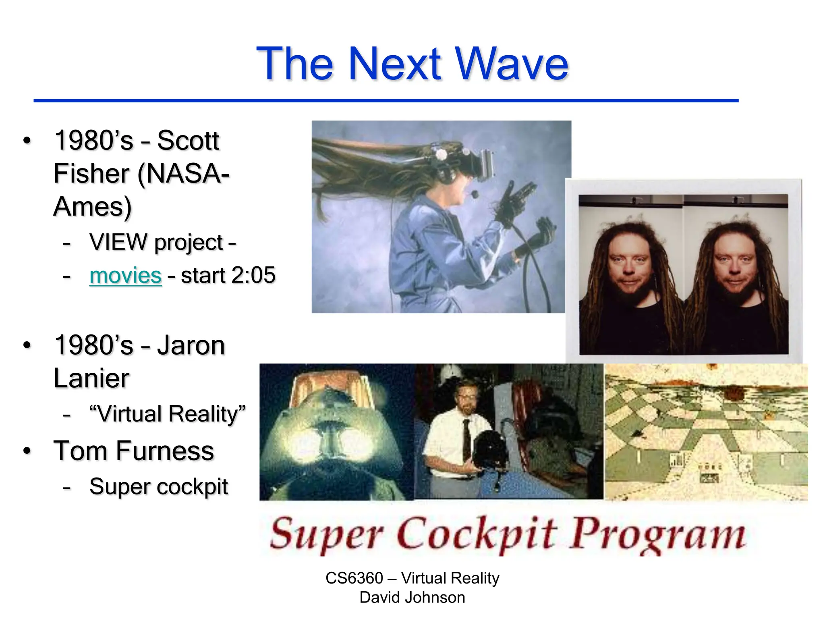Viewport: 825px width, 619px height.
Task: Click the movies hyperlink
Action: (125, 276)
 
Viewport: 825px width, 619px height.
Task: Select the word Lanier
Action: (91, 378)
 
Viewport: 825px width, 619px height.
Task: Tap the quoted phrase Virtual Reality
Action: (167, 414)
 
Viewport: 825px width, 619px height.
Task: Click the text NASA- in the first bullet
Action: (183, 174)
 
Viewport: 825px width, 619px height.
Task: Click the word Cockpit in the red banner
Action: (478, 534)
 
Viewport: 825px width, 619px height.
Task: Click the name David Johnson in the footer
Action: (412, 597)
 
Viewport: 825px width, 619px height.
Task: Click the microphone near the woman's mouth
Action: (475, 195)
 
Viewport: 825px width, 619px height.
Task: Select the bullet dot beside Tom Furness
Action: (27, 451)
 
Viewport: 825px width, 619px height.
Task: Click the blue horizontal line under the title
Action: (386, 100)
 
